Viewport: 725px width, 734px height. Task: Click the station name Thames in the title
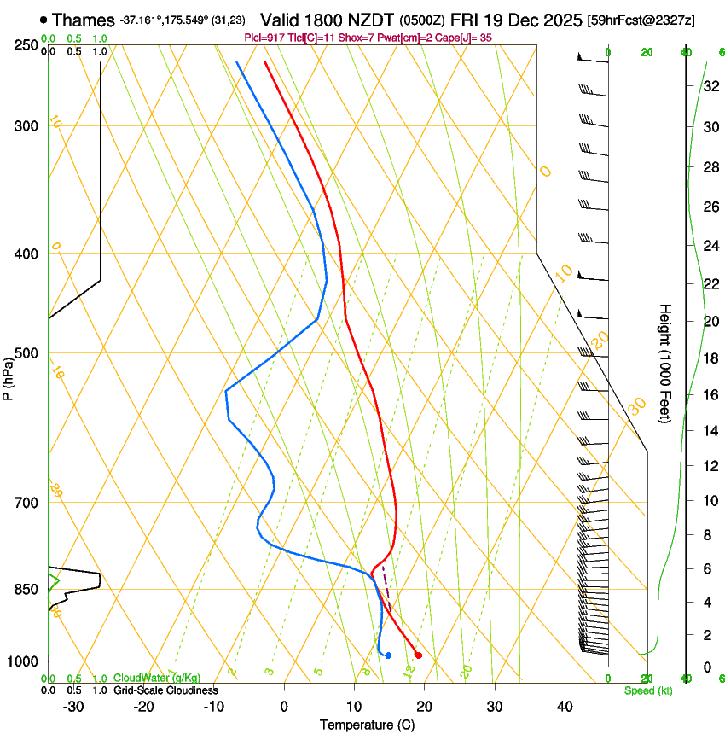(x=83, y=20)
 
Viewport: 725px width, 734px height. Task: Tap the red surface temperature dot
(x=418, y=655)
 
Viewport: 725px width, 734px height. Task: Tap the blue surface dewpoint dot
(x=388, y=655)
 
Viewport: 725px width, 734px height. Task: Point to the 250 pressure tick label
(x=26, y=44)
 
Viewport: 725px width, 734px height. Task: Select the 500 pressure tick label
(x=26, y=353)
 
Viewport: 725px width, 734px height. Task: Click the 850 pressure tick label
(x=26, y=589)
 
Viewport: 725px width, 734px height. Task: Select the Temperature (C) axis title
(x=367, y=725)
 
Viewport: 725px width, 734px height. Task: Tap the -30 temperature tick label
(x=73, y=707)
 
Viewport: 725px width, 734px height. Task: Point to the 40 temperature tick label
(x=565, y=707)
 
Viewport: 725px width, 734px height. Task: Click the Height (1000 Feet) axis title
(x=665, y=363)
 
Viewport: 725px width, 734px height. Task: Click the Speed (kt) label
(x=647, y=690)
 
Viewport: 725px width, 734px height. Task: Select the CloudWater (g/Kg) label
(x=157, y=679)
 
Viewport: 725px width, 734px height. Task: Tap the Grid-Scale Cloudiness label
(x=165, y=690)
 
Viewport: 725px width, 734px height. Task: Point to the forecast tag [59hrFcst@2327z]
(x=641, y=20)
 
